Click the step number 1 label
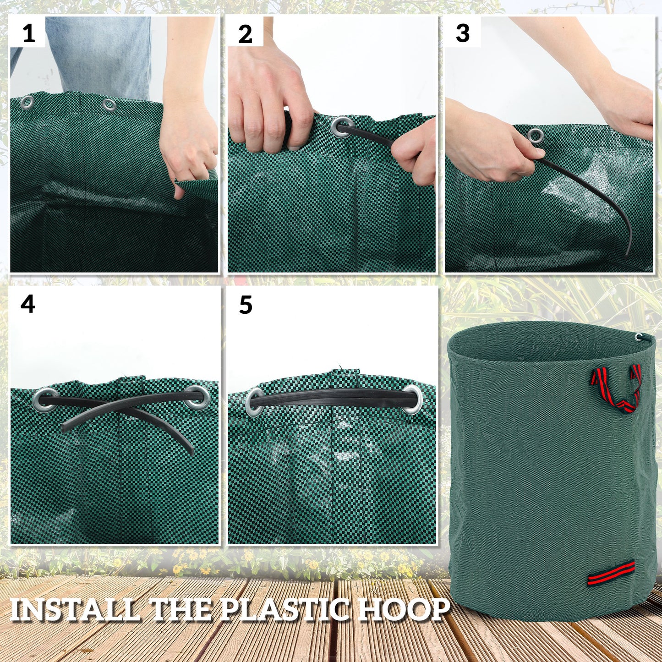point(28,33)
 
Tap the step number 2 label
point(245,34)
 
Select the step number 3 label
point(463,33)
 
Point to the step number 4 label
point(27,304)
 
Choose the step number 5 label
point(246,305)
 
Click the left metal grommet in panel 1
point(27,102)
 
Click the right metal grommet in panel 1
point(109,105)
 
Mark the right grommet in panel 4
point(197,397)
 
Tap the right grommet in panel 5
point(413,399)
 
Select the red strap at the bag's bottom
point(611,574)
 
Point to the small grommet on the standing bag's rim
point(639,337)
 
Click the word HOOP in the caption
point(403,610)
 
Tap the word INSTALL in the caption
point(74,610)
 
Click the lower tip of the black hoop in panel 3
point(627,253)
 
